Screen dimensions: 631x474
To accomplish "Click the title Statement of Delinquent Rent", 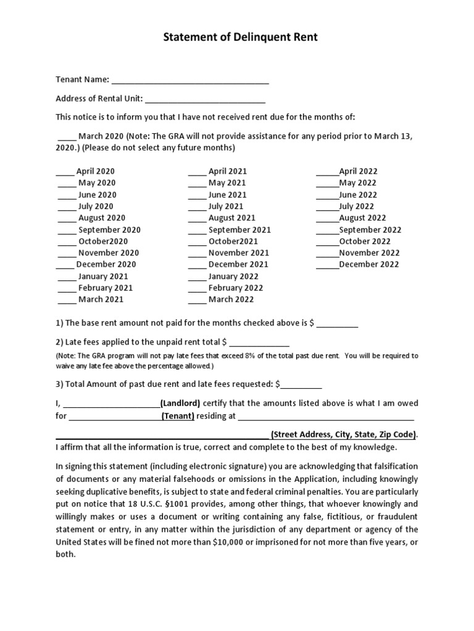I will click(240, 38).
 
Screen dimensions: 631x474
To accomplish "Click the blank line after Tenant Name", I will click(190, 80).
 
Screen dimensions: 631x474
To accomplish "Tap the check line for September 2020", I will click(67, 230).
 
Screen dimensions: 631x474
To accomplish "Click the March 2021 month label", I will click(101, 299).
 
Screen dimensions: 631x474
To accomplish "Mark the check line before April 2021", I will click(197, 172).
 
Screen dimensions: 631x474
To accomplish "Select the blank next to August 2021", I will click(197, 219).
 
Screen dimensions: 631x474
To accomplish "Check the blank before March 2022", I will click(197, 300).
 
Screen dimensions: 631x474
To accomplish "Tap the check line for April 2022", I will click(327, 172).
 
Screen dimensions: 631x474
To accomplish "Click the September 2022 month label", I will click(370, 230).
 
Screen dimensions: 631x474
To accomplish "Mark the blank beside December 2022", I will click(327, 265).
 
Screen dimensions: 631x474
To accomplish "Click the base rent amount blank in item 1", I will click(338, 324).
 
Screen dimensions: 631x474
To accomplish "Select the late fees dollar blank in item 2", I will click(259, 342).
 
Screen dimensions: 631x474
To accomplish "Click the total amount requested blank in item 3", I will click(301, 385).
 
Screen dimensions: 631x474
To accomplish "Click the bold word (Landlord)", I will click(180, 403).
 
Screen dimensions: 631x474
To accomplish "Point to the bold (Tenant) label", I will click(178, 416).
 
